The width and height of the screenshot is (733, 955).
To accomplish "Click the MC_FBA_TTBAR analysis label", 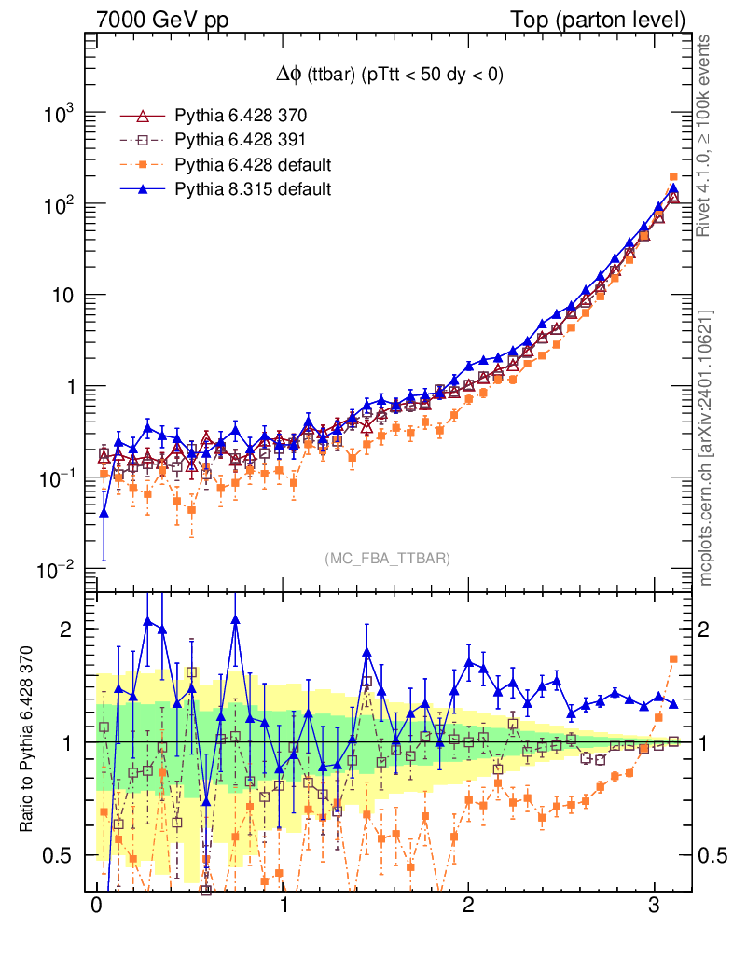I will [388, 559].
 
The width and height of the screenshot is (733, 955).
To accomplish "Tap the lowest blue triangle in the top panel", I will [104, 513].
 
